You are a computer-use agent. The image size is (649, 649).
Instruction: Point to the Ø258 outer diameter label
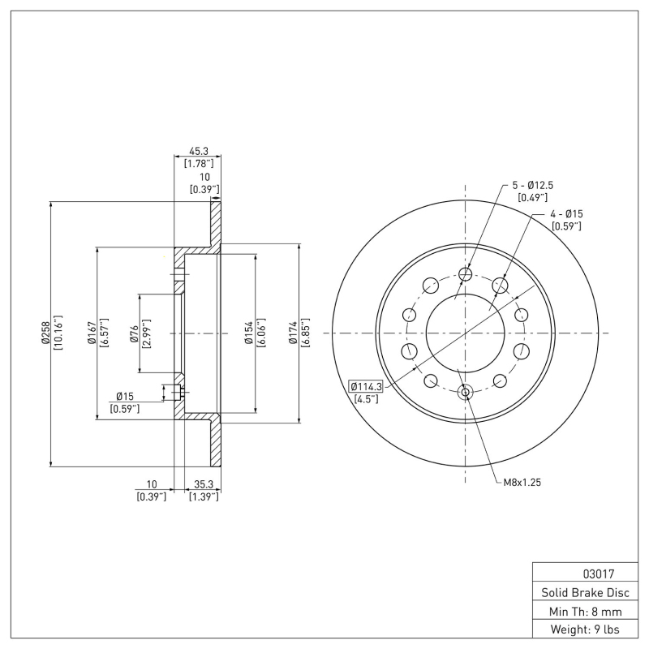click(x=45, y=333)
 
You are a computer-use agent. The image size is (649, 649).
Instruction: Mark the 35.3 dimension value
click(x=203, y=484)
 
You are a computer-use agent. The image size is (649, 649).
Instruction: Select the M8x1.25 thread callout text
click(x=522, y=482)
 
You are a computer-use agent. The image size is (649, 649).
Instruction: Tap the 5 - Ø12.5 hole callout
click(x=531, y=185)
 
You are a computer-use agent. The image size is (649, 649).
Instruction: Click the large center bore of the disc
click(x=465, y=333)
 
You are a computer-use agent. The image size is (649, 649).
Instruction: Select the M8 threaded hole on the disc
click(x=465, y=393)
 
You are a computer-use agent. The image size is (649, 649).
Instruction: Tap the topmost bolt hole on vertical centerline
click(x=465, y=274)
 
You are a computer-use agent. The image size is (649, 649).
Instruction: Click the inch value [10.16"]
click(x=58, y=333)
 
